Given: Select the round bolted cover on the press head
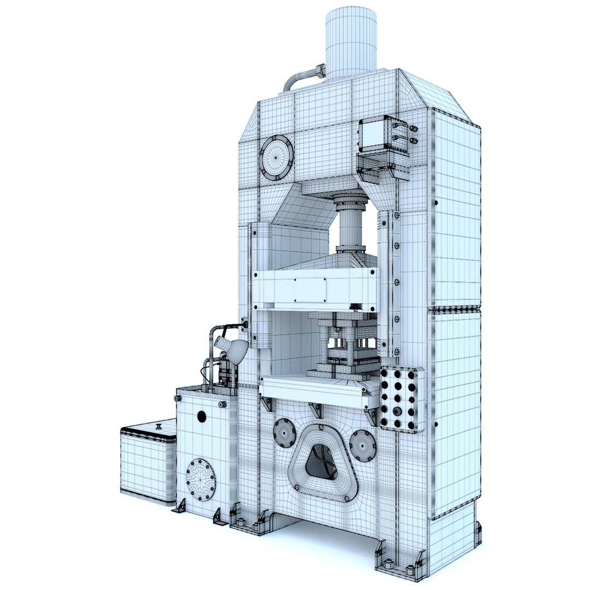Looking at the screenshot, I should (276, 157).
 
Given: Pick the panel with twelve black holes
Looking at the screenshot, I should (402, 399).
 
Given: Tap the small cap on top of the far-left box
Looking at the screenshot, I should (158, 425).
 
